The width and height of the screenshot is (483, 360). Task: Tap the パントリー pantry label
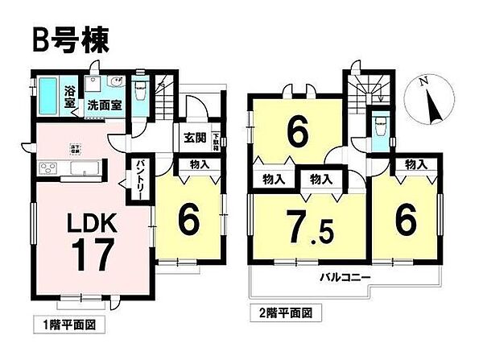(136, 173)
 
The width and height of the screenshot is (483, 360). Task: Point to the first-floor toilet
(142, 89)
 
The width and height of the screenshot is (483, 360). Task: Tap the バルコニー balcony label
(346, 279)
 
